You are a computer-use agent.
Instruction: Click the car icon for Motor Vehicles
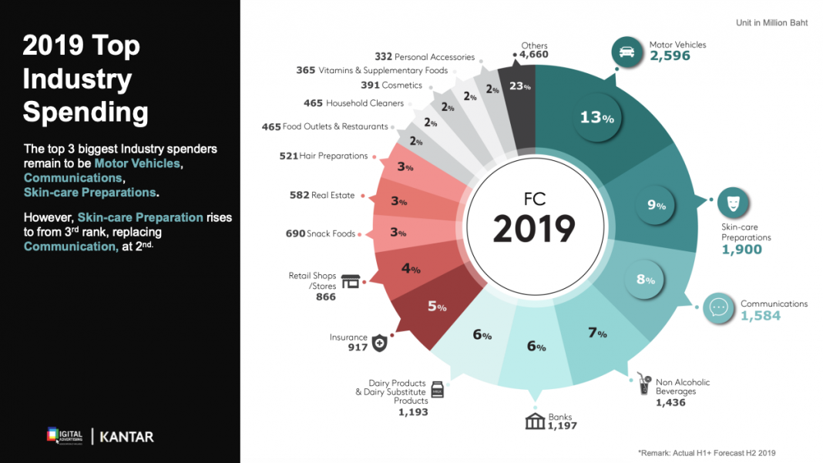click(x=626, y=52)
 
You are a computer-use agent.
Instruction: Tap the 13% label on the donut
click(x=596, y=118)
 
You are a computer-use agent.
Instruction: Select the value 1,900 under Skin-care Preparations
click(x=741, y=250)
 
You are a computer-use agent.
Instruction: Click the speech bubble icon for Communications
click(x=719, y=307)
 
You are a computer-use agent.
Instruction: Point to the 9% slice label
click(x=656, y=205)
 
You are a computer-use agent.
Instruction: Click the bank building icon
click(x=535, y=421)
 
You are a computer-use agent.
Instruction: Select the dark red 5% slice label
click(x=437, y=306)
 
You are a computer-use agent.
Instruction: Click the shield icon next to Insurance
click(x=378, y=343)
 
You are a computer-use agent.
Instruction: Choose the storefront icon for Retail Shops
click(x=351, y=281)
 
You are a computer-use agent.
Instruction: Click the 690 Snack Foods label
click(x=320, y=233)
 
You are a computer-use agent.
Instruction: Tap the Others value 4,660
click(x=533, y=55)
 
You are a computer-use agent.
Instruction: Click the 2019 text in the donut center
click(x=534, y=229)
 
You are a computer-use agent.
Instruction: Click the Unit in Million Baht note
click(x=771, y=23)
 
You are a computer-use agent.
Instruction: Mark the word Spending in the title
click(x=86, y=112)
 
